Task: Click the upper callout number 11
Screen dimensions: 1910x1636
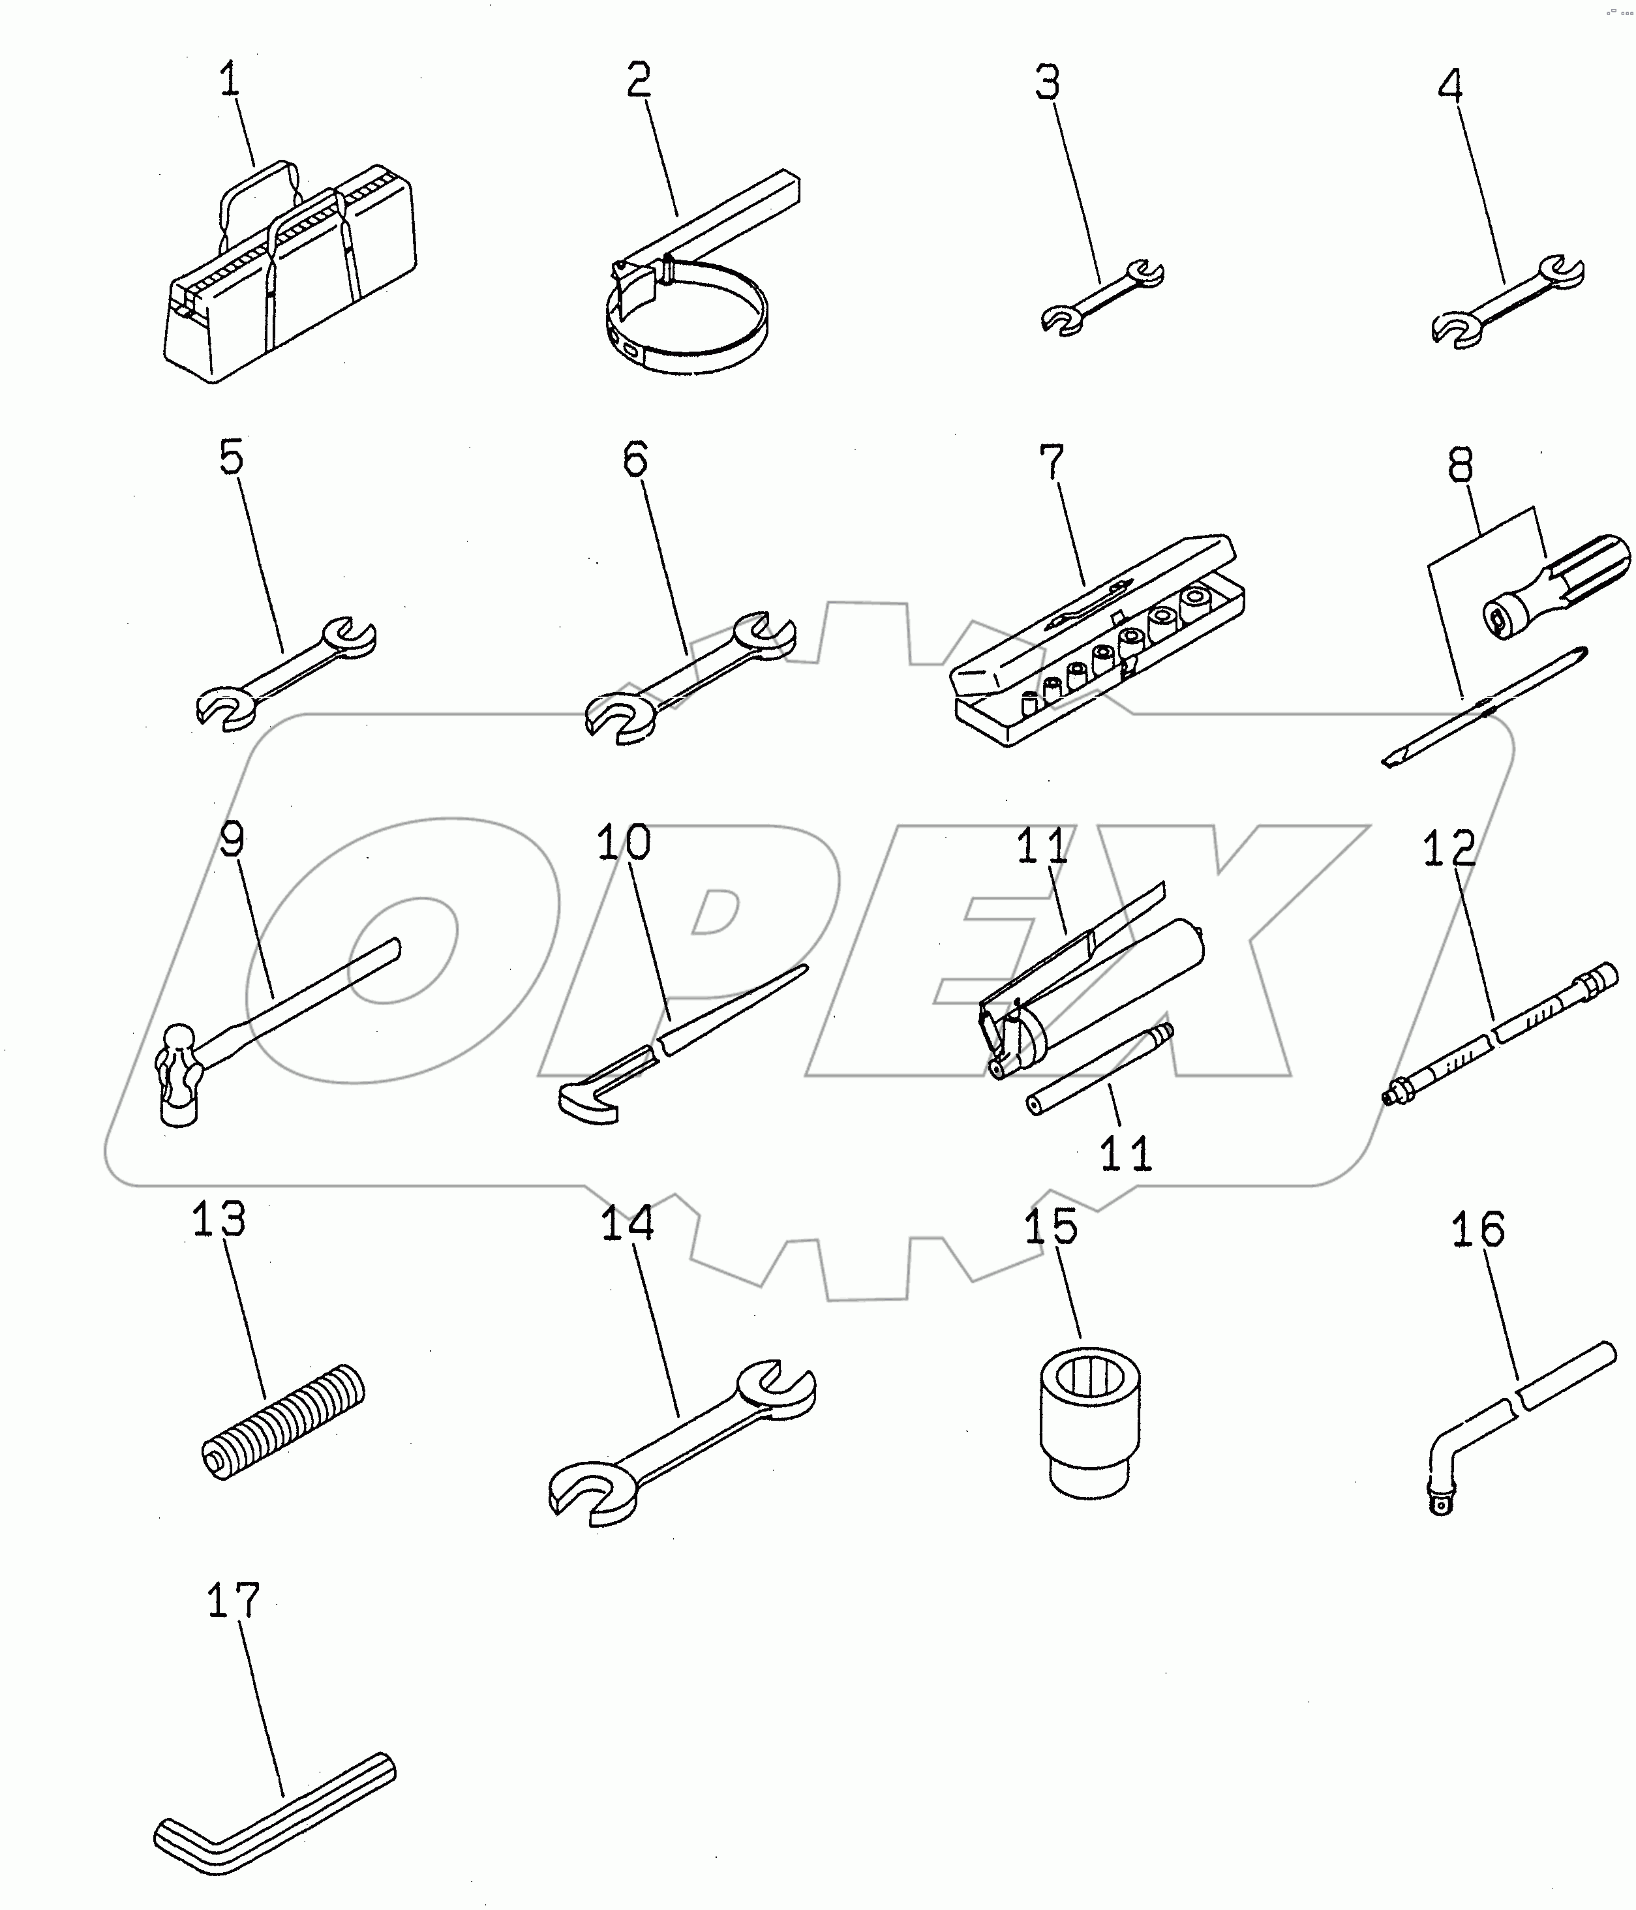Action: pos(1042,846)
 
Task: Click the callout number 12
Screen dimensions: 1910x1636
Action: pos(1449,848)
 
